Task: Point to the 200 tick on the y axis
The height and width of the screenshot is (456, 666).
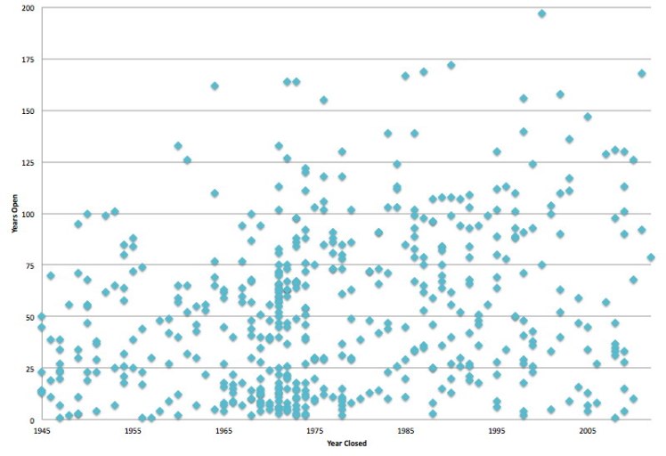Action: click(29, 8)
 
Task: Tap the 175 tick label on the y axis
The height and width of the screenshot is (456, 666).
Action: click(29, 60)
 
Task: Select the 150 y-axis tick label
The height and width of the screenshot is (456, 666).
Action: click(29, 111)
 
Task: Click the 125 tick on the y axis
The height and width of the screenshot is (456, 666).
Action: click(29, 163)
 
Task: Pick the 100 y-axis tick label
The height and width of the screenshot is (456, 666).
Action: click(29, 214)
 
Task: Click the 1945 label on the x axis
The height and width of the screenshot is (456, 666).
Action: click(41, 430)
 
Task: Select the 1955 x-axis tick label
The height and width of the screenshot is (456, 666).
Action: click(133, 430)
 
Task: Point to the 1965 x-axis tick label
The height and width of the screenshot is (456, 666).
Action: click(223, 430)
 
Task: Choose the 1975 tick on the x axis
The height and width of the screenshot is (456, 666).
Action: click(314, 430)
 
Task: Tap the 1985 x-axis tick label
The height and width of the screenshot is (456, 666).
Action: click(405, 430)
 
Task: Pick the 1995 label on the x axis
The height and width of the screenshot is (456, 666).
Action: click(497, 430)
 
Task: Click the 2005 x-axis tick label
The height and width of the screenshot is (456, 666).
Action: click(588, 430)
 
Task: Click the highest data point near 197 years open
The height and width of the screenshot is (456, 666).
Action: click(541, 13)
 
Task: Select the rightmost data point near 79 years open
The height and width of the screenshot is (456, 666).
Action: click(651, 257)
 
